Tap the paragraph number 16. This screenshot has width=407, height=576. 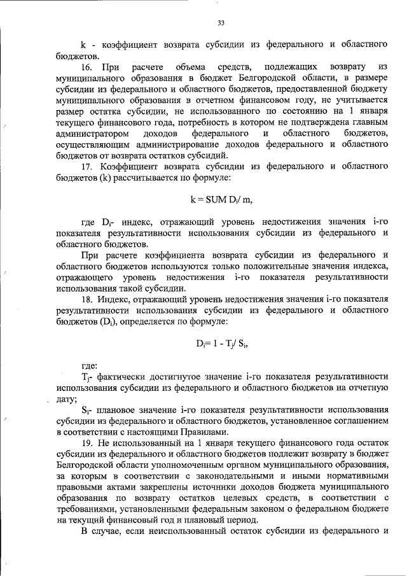87,67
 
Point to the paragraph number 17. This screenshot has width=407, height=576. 87,166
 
